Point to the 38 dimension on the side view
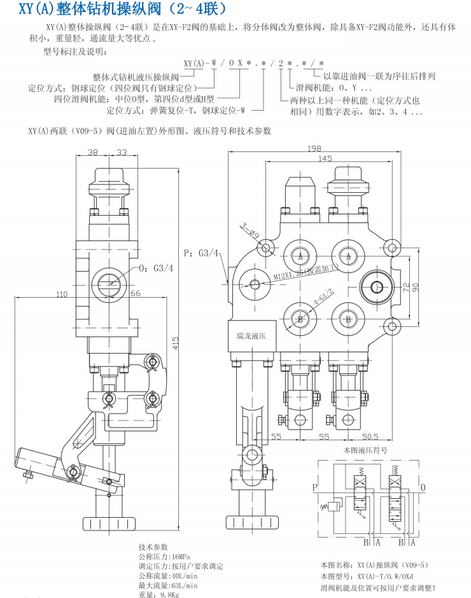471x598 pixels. pos(93,153)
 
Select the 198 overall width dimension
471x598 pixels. pos(314,148)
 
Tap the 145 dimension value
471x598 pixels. pos(325,158)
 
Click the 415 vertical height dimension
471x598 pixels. pos(176,342)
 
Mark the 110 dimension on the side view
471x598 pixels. pos(62,294)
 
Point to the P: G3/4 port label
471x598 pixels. pos(201,253)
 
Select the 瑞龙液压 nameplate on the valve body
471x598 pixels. pos(252,335)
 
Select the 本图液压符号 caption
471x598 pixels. pos(365,450)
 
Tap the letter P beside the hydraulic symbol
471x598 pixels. pos(314,488)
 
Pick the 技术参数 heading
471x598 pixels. pos(153,546)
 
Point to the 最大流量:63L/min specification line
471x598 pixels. pos(168,585)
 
